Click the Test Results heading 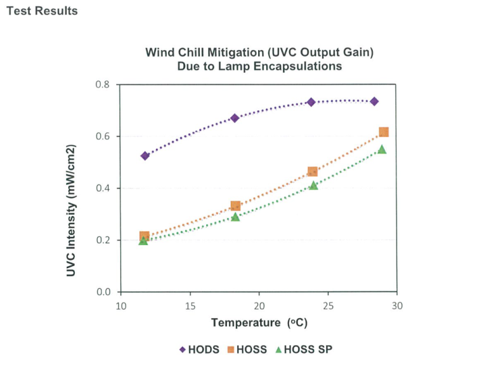41,11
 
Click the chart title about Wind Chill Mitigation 259,58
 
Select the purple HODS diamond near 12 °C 145,156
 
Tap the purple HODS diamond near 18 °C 235,118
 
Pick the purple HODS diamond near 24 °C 311,102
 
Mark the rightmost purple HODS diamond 374,101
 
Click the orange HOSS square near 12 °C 145,236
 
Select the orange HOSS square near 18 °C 235,206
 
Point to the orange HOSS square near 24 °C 313,172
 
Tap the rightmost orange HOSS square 384,132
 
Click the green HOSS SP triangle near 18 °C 235,217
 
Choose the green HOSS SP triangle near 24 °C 313,185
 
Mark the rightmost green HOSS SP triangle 382,150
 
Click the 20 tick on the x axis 259,305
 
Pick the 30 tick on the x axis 396,305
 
